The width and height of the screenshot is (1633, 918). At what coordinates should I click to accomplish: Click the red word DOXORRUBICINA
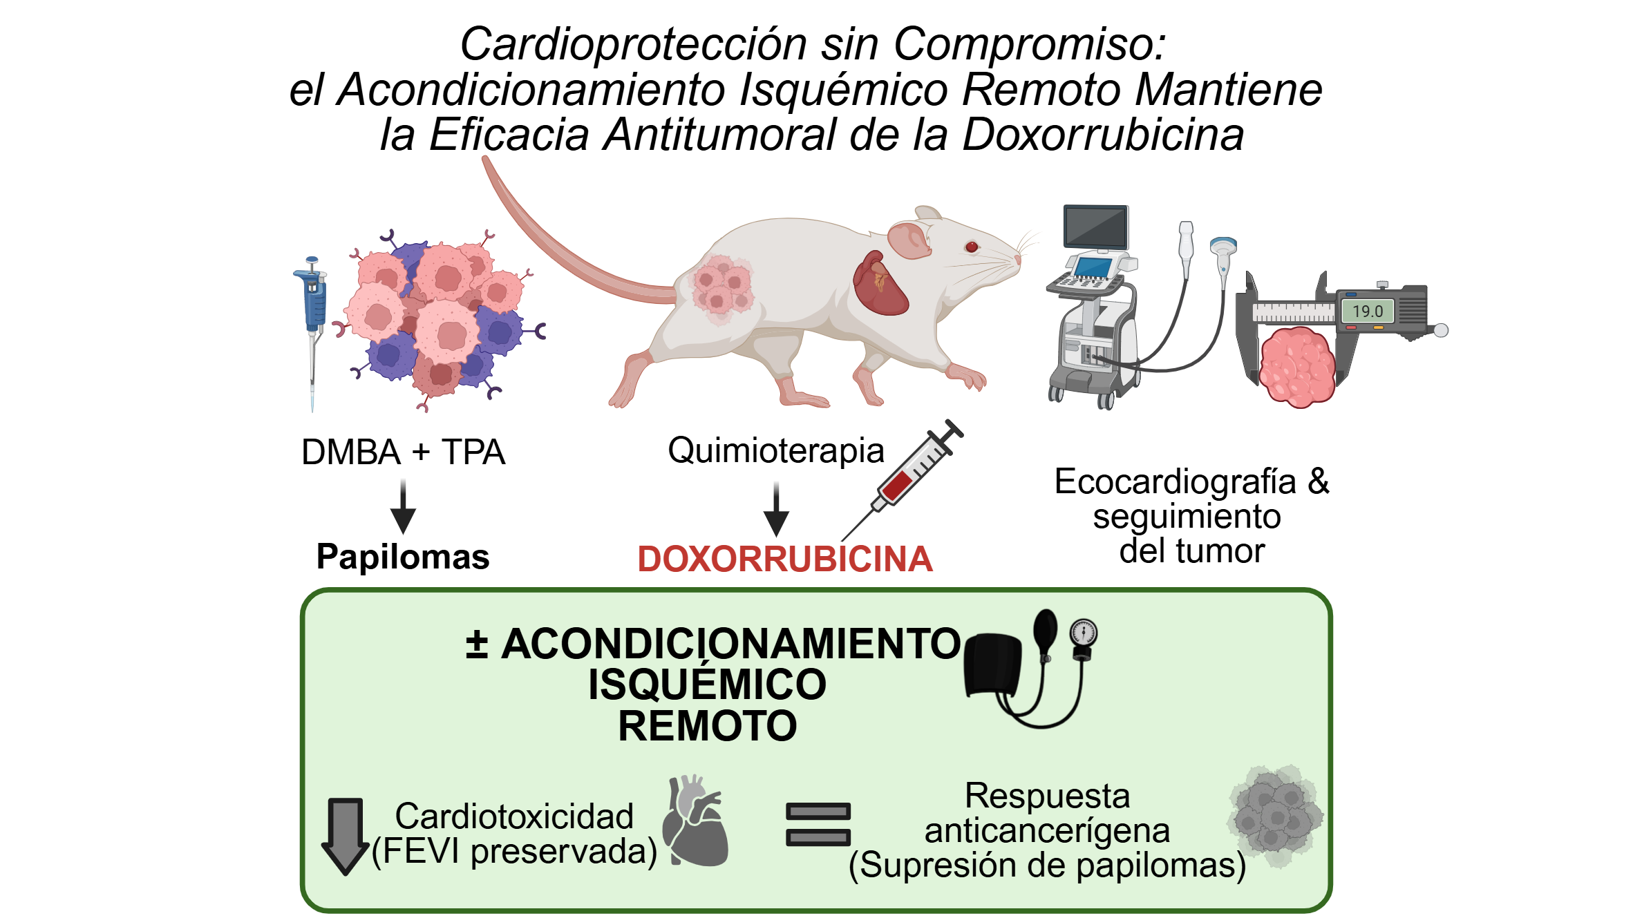(784, 559)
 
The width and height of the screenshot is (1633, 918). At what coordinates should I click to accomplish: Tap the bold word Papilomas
(403, 557)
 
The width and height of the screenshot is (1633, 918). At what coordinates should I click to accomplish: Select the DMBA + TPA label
(403, 452)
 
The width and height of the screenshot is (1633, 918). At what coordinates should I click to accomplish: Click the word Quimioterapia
(775, 450)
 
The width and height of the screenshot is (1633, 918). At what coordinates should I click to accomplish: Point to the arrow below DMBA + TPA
(403, 508)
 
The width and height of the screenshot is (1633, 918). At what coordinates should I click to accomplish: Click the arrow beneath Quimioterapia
(776, 510)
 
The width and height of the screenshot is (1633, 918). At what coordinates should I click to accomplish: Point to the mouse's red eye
(972, 247)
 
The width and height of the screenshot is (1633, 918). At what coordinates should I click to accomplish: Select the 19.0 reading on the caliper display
(1367, 312)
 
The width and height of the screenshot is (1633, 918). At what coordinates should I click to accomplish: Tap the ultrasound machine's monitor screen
(1095, 227)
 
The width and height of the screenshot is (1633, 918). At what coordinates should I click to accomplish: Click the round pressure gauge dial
(1083, 633)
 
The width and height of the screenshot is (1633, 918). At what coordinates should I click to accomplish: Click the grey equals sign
(818, 824)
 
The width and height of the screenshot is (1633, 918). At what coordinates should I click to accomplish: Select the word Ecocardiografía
(1175, 481)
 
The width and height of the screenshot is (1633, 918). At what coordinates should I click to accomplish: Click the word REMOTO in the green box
(707, 726)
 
